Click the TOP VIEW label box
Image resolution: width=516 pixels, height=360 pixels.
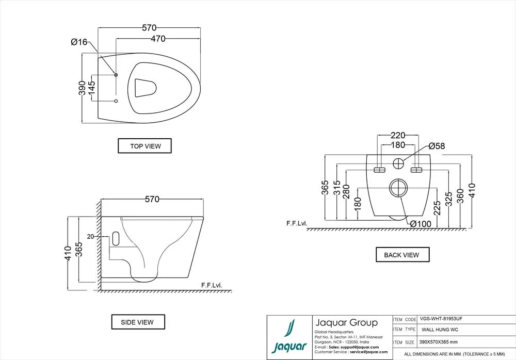(x=144, y=146)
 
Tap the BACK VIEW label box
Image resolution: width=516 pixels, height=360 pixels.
(x=401, y=255)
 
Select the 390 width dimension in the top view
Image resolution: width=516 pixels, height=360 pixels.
(x=82, y=89)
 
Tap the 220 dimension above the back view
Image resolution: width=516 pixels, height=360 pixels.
(x=397, y=135)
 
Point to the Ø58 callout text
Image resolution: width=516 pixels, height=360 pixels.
(x=436, y=146)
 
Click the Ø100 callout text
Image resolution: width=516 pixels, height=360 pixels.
(x=421, y=223)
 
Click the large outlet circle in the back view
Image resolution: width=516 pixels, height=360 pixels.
(x=397, y=188)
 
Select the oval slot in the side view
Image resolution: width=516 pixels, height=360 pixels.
(x=115, y=239)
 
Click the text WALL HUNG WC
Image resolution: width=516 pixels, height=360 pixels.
(x=440, y=330)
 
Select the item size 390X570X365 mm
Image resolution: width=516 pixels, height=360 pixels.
(x=439, y=342)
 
